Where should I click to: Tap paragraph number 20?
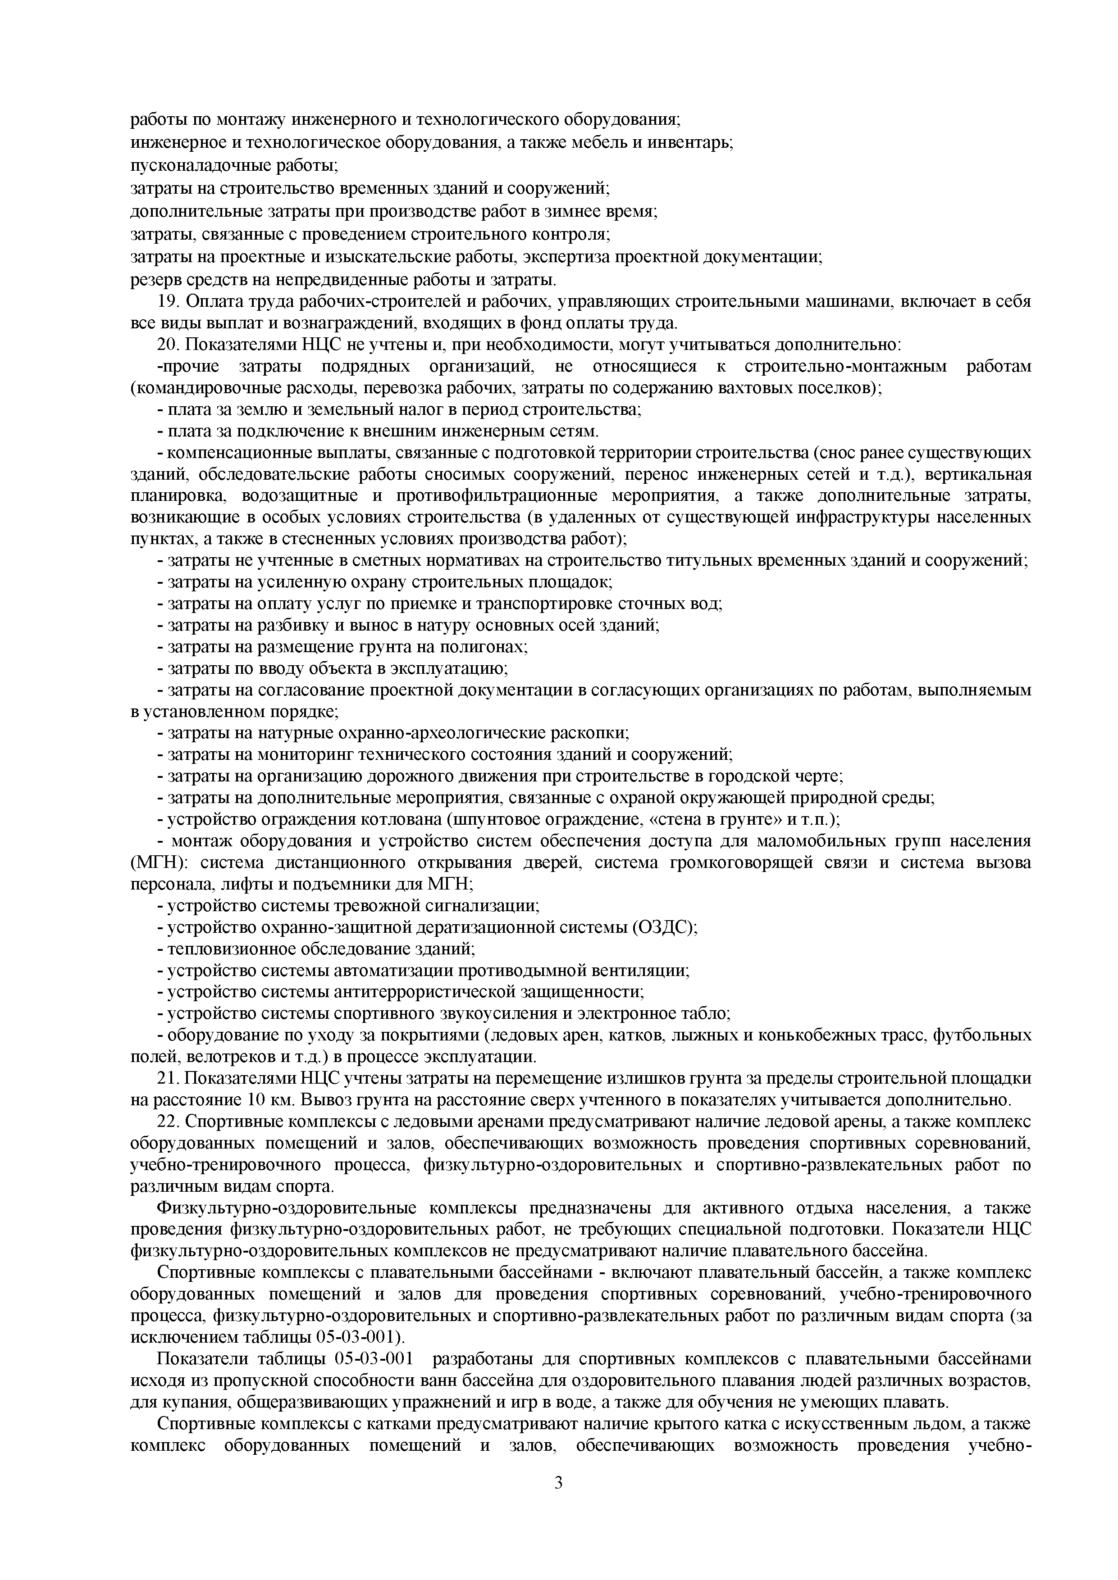[168, 345]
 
